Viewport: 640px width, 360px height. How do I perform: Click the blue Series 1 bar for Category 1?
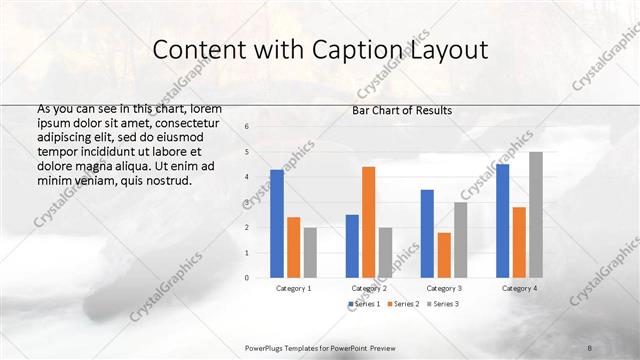(x=277, y=223)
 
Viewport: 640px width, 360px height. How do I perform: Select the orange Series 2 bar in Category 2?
(x=368, y=221)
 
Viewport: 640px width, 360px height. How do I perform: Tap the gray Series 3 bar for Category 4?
(x=536, y=214)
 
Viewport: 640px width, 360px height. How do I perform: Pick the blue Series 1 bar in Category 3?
(x=427, y=233)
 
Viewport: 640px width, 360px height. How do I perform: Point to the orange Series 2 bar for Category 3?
(x=444, y=255)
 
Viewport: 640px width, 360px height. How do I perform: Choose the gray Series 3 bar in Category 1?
(x=310, y=252)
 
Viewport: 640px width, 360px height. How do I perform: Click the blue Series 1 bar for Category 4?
(x=502, y=220)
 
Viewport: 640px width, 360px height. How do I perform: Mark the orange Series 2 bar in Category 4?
(x=519, y=242)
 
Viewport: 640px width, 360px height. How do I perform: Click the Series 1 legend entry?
(x=364, y=303)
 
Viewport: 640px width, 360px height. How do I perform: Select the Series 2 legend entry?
(x=402, y=303)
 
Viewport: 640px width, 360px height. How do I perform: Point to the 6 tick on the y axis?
(x=247, y=127)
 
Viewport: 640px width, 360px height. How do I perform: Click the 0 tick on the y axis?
(x=247, y=277)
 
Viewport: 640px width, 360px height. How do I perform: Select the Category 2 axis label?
(x=369, y=288)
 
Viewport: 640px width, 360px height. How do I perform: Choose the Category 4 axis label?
(x=519, y=288)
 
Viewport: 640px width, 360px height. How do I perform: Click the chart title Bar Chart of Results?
(x=402, y=110)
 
